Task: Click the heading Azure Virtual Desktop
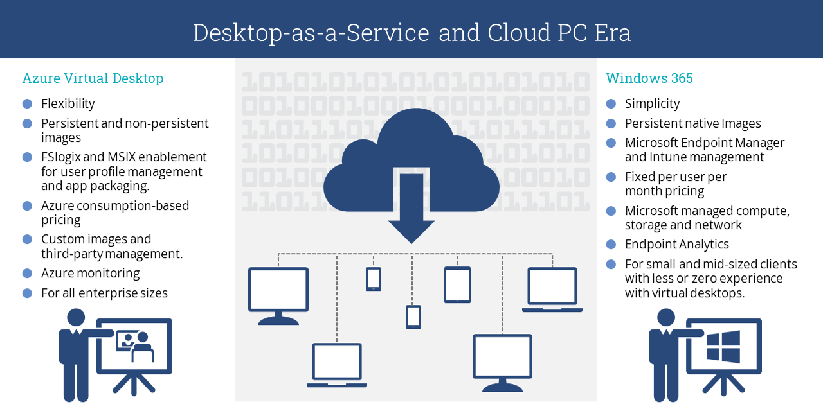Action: pyautogui.click(x=93, y=78)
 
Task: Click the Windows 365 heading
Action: pyautogui.click(x=649, y=78)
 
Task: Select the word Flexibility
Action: pyautogui.click(x=68, y=103)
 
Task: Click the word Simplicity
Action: pyautogui.click(x=652, y=103)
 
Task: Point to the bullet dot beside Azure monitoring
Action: pyautogui.click(x=27, y=273)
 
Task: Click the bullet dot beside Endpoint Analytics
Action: pyautogui.click(x=611, y=244)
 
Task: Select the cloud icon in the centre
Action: pyautogui.click(x=411, y=161)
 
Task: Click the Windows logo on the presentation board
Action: pyautogui.click(x=723, y=347)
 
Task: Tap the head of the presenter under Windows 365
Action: pyautogui.click(x=666, y=317)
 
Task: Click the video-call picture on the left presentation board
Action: pyautogui.click(x=135, y=345)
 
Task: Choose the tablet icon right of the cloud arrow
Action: pyautogui.click(x=457, y=284)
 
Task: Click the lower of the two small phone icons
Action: pyautogui.click(x=413, y=317)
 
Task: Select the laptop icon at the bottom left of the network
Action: pyautogui.click(x=337, y=365)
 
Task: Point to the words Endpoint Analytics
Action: pyautogui.click(x=676, y=244)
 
